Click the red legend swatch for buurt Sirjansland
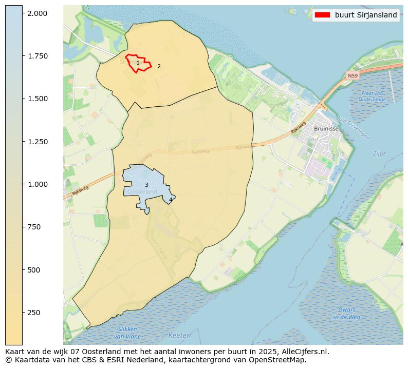[x=322, y=15]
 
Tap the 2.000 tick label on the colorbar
[x=37, y=13]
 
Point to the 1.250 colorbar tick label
[x=37, y=142]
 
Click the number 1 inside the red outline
[x=138, y=63]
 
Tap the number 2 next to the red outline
[x=159, y=66]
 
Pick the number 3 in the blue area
[x=146, y=185]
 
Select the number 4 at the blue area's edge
[x=171, y=200]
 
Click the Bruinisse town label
[x=326, y=129]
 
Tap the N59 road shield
[x=352, y=76]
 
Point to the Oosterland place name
[x=142, y=192]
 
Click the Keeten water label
[x=179, y=336]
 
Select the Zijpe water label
[x=379, y=153]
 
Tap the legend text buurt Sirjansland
[x=366, y=15]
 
